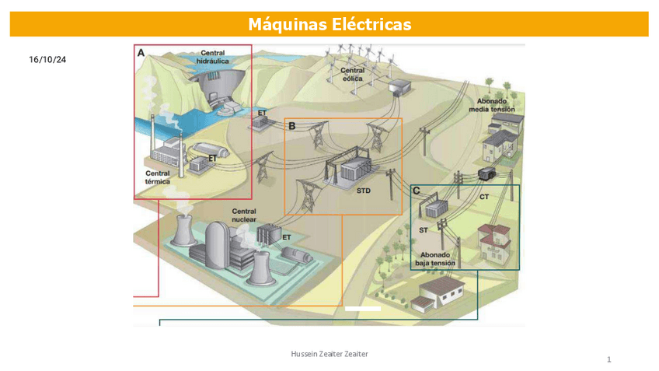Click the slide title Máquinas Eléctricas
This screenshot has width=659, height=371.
pyautogui.click(x=329, y=25)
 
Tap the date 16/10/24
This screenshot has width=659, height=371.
pyautogui.click(x=47, y=59)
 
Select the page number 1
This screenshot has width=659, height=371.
pyautogui.click(x=609, y=359)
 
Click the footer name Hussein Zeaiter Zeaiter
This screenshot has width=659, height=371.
pyautogui.click(x=329, y=354)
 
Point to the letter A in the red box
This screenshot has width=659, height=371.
pyautogui.click(x=141, y=53)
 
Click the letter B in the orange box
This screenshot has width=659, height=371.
pyautogui.click(x=292, y=125)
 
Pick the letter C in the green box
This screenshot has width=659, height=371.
pyautogui.click(x=417, y=191)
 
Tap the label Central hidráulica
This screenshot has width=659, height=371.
pyautogui.click(x=212, y=57)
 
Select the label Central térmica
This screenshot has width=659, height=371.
pyautogui.click(x=157, y=177)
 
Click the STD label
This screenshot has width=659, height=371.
pyautogui.click(x=363, y=191)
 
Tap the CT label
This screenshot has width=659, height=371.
pyautogui.click(x=483, y=197)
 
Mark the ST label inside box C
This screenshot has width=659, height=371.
pyautogui.click(x=424, y=230)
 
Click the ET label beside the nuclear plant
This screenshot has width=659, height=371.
pyautogui.click(x=286, y=237)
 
